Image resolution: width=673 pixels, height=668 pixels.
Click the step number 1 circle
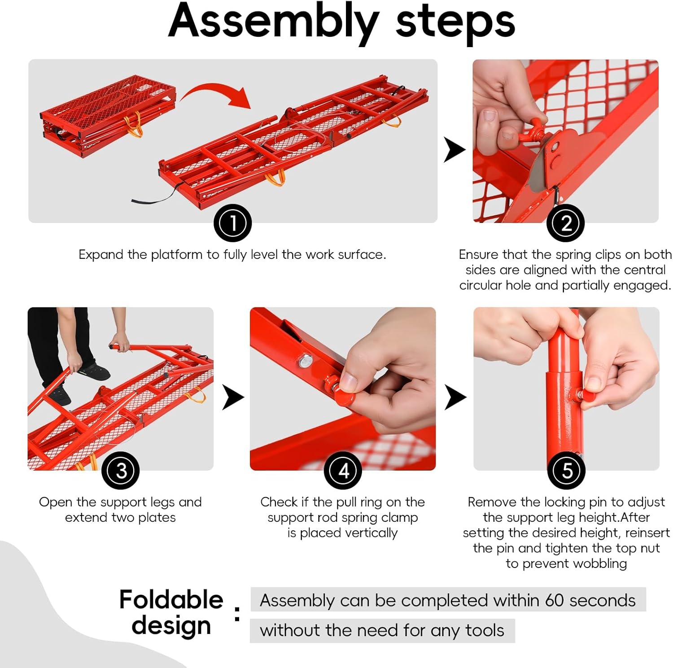tap(232, 223)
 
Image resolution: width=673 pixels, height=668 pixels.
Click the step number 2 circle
tap(565, 223)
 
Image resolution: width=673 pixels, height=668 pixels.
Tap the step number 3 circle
tap(120, 471)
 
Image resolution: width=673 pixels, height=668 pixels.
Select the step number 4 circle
tap(343, 471)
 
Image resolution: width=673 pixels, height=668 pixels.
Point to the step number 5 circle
tap(566, 471)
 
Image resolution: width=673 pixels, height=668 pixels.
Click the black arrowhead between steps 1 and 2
tap(454, 150)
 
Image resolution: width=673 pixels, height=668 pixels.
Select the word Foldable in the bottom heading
tap(171, 599)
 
